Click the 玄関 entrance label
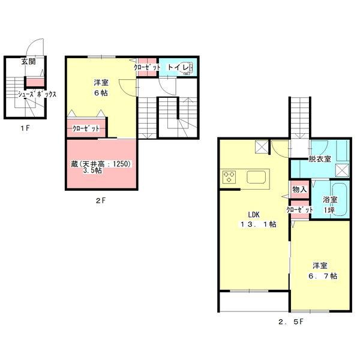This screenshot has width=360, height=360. click(x=28, y=62)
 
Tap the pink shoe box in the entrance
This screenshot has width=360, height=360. click(x=35, y=82)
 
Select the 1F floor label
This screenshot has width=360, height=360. click(x=25, y=128)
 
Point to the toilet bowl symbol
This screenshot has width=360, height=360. click(x=187, y=67)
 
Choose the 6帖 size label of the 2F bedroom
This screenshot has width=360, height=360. click(x=101, y=93)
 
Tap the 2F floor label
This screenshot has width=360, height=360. click(x=101, y=200)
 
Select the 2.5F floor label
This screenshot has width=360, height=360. click(x=291, y=322)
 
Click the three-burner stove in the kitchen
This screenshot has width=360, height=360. click(x=229, y=177)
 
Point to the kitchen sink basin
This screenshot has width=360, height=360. click(x=256, y=177)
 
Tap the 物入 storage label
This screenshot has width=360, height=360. click(x=299, y=190)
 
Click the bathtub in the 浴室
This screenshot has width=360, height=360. click(x=341, y=199)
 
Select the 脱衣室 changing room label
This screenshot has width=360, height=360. click(x=320, y=159)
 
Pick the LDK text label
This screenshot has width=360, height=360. click(x=254, y=215)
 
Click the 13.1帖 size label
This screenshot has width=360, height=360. click(x=258, y=224)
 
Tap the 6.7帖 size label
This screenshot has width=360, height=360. click(x=323, y=276)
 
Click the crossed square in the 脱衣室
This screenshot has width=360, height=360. click(x=342, y=170)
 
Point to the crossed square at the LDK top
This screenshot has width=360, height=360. click(x=262, y=146)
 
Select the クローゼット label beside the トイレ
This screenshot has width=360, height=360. click(x=147, y=67)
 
